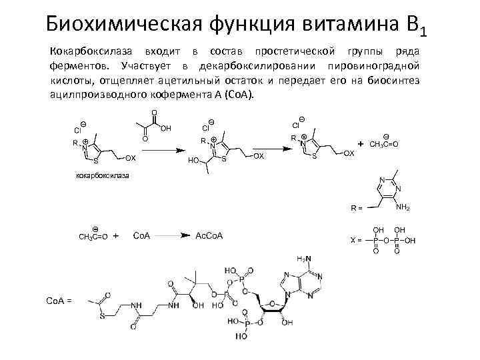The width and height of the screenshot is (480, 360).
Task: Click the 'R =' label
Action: [357, 208]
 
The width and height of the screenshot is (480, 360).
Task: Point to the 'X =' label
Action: [356, 239]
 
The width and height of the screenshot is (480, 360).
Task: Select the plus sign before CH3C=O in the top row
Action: [361, 143]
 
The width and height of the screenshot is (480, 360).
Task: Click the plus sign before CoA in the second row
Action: [116, 236]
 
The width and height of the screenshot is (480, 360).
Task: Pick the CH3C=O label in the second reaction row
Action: [93, 237]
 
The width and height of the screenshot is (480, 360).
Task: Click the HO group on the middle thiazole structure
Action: [195, 161]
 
